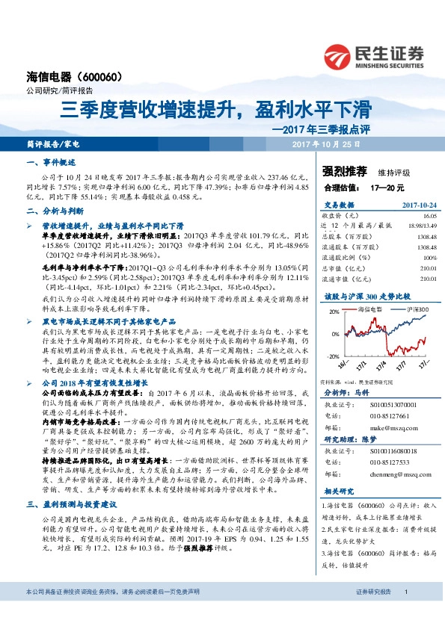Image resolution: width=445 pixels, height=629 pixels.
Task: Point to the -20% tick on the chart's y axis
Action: pyautogui.click(x=332, y=356)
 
